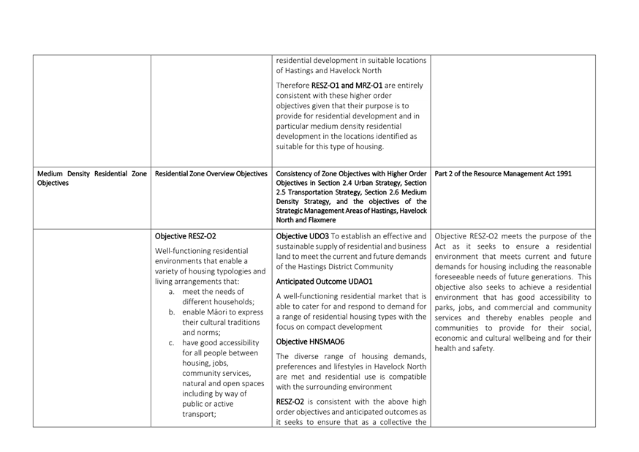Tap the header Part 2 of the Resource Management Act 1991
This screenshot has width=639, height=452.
coord(504,173)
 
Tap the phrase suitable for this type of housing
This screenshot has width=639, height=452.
coord(329,146)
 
